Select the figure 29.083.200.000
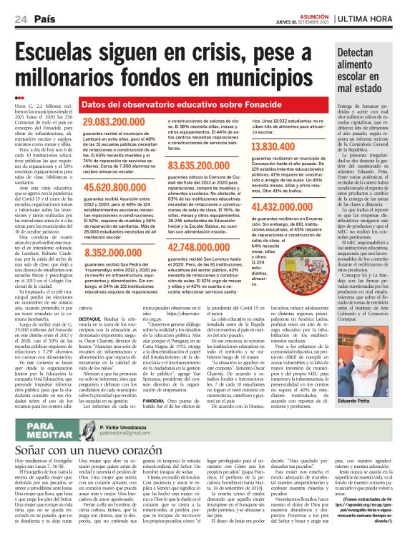117,124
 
